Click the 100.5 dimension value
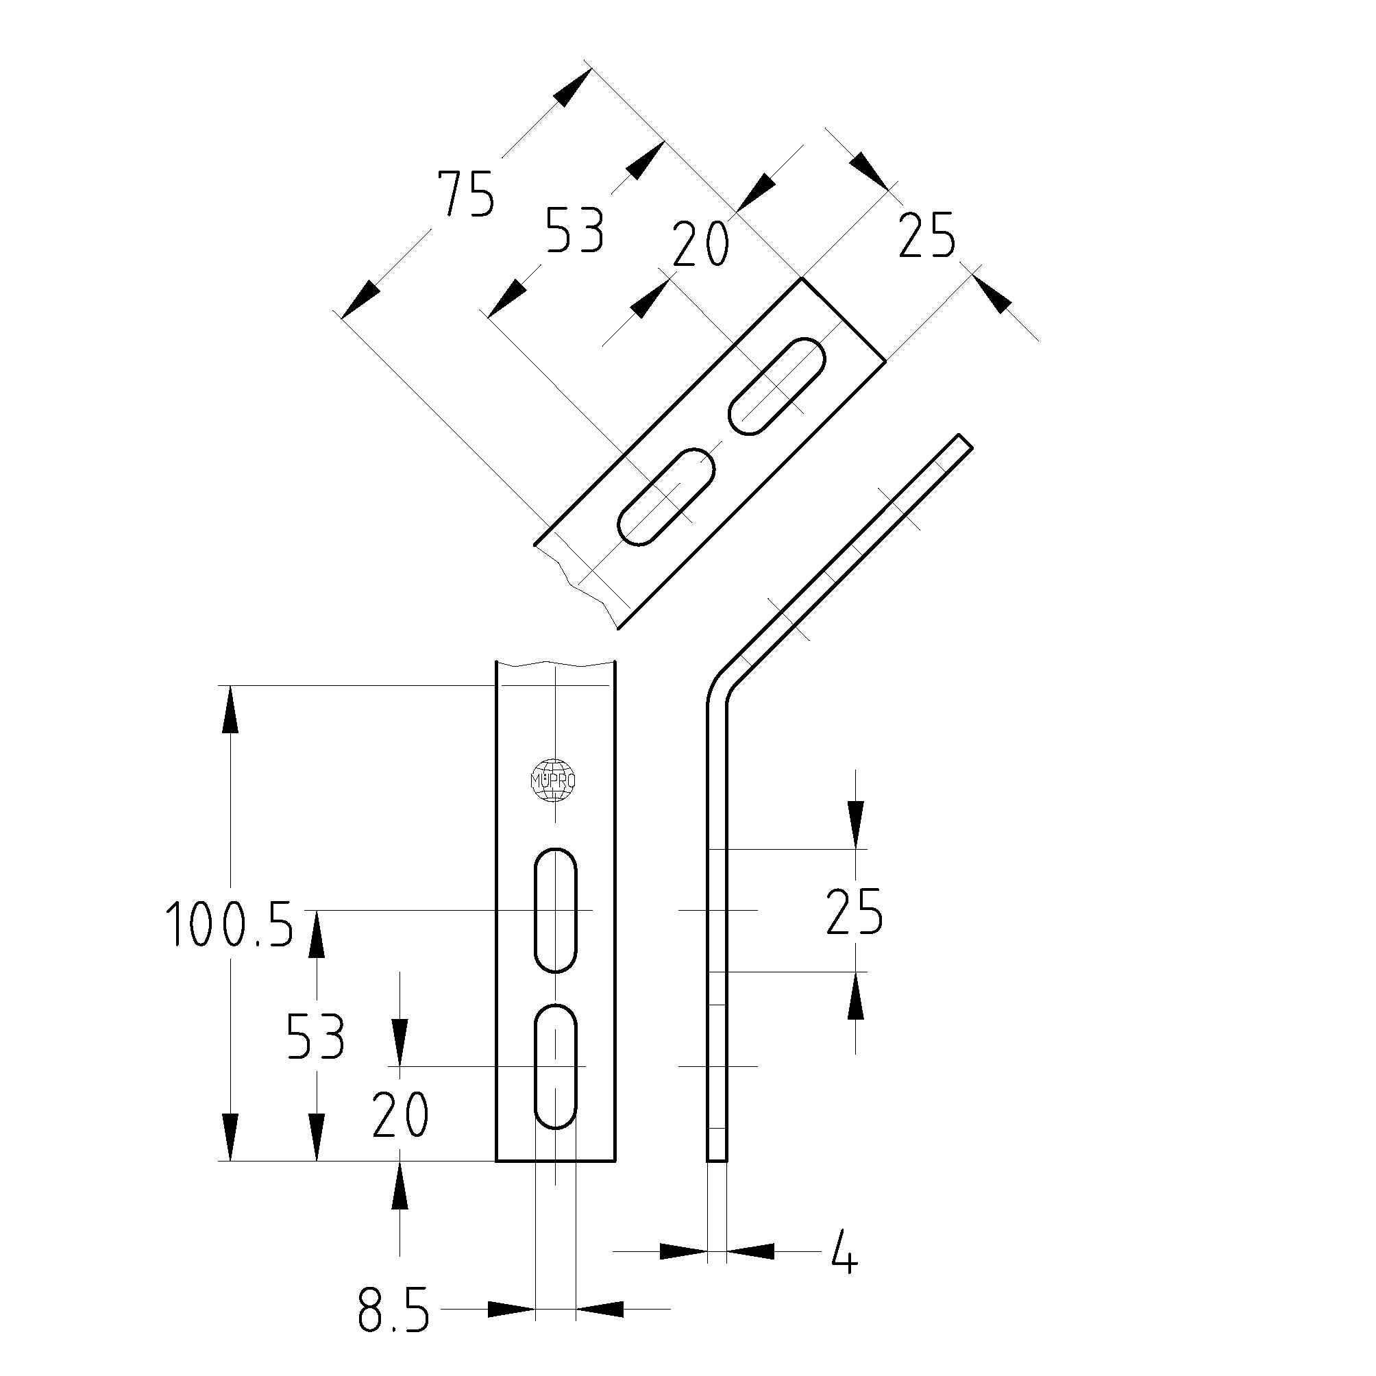pos(230,924)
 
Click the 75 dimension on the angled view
pos(466,193)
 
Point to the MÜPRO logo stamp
pos(554,781)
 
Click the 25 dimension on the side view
pos(855,911)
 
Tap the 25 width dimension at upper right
pos(926,235)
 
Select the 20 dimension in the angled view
pos(701,243)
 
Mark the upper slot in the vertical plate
pos(556,909)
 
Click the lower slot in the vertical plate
pos(556,1066)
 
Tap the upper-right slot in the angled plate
pos(777,385)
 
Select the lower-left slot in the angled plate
pos(666,496)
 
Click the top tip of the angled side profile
pos(966,441)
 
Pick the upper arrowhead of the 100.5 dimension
pos(230,709)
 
